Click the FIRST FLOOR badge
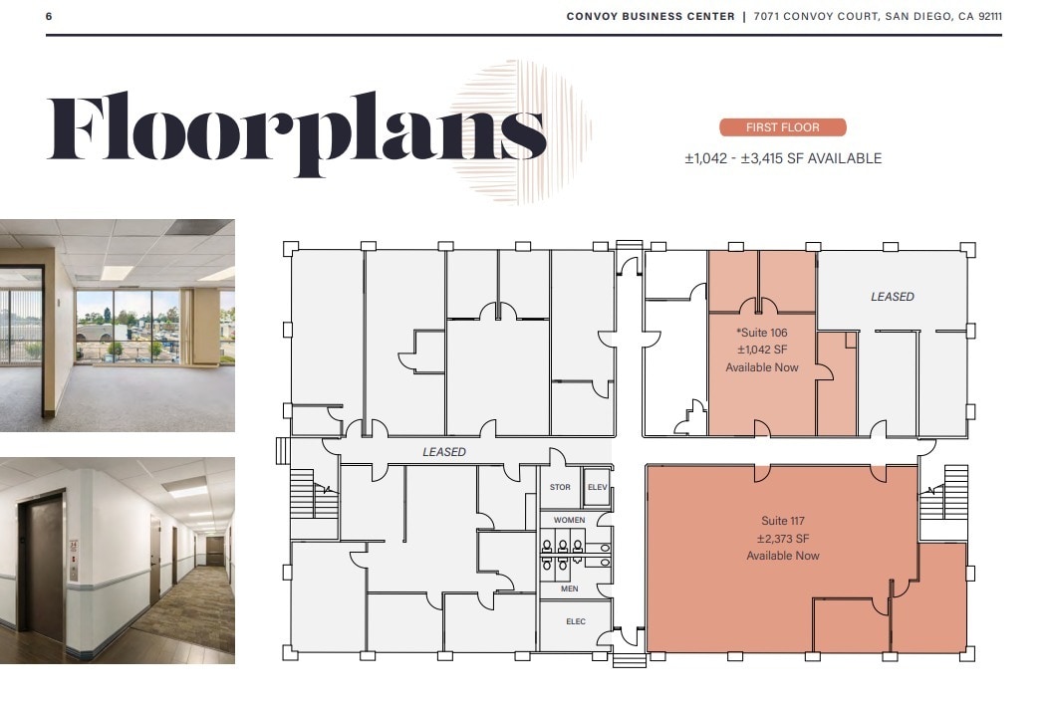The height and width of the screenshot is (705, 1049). click(x=782, y=127)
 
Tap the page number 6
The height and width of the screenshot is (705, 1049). click(x=49, y=16)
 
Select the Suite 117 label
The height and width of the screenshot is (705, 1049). click(x=782, y=521)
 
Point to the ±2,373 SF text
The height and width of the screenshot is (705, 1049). click(x=782, y=539)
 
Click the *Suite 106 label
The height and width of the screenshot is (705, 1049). click(x=761, y=332)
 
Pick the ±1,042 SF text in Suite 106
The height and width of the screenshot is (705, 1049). click(x=761, y=350)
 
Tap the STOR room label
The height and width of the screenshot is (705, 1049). click(x=560, y=487)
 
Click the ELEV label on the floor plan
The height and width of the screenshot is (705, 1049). click(x=597, y=487)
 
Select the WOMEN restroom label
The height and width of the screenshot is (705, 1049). click(x=569, y=520)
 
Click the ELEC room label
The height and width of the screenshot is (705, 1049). click(x=576, y=622)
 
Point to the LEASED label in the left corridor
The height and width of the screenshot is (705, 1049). click(x=443, y=452)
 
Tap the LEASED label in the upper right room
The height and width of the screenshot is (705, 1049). click(x=892, y=297)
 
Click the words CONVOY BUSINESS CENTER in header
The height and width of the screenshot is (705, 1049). click(x=651, y=16)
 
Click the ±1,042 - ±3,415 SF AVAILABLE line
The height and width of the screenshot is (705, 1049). click(x=782, y=158)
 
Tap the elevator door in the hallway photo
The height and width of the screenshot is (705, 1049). click(x=42, y=563)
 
